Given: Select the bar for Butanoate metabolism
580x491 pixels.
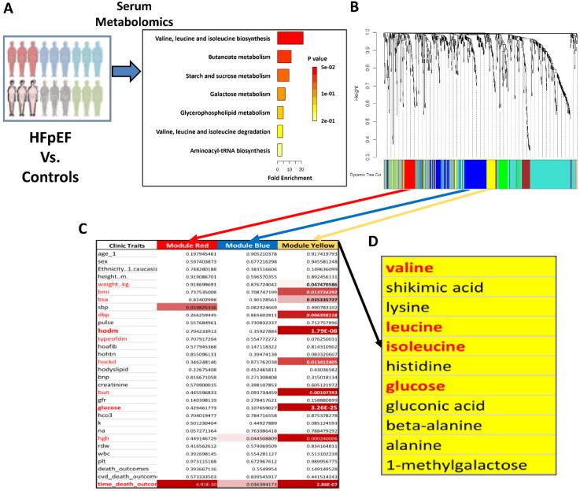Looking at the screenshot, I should tap(284, 57).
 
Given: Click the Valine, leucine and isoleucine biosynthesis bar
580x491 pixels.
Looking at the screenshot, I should tap(290, 38).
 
